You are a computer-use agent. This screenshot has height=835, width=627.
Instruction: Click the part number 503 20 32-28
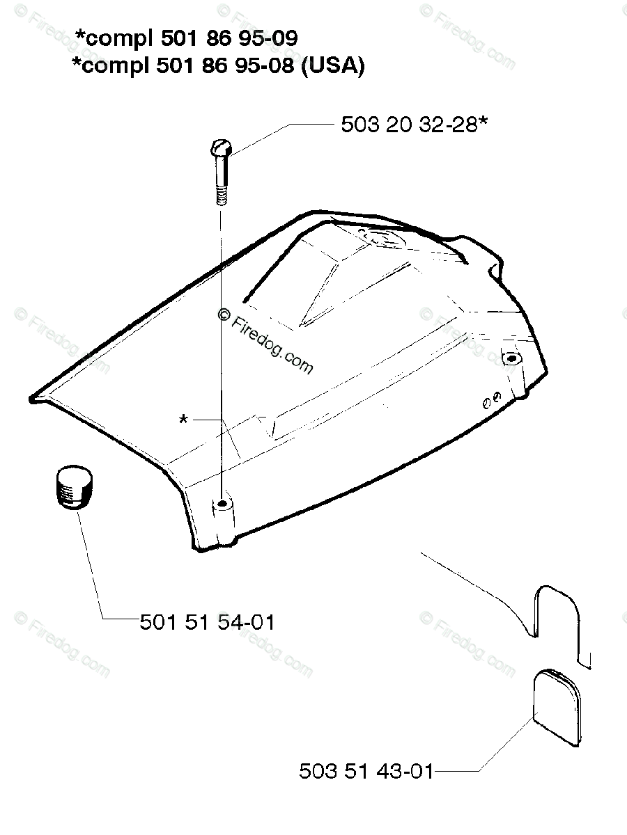(409, 125)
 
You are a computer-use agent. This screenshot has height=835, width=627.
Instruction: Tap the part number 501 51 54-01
(207, 623)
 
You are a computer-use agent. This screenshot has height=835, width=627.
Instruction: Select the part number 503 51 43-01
(366, 772)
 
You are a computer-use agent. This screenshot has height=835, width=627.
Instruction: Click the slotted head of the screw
(221, 147)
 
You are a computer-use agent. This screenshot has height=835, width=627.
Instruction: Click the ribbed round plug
(75, 486)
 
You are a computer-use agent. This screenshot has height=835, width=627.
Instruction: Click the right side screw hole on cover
(511, 358)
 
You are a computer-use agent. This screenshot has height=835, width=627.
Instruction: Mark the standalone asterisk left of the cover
(183, 420)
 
